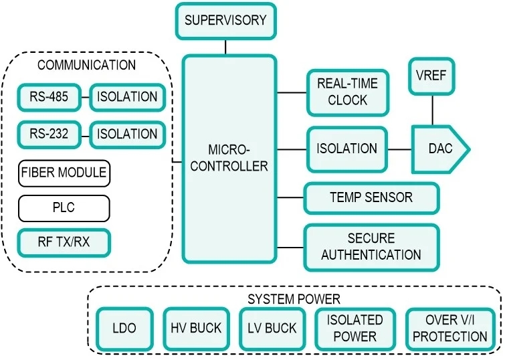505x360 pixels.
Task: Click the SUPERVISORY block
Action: (225, 20)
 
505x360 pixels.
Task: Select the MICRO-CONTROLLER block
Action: (229, 159)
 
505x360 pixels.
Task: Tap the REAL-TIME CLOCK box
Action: (347, 92)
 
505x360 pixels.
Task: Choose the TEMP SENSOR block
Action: (371, 198)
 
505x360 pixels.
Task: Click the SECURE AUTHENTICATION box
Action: (371, 246)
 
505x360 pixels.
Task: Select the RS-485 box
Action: (49, 97)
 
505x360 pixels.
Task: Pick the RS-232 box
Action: (49, 134)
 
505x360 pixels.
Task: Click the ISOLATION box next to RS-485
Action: (126, 97)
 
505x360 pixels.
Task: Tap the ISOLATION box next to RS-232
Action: (126, 134)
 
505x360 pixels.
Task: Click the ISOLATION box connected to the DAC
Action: (346, 149)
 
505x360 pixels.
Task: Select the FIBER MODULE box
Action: (64, 173)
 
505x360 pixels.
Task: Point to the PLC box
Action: (64, 208)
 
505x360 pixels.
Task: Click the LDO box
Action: (124, 329)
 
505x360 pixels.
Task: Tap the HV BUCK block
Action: (195, 329)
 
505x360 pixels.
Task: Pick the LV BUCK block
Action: (271, 329)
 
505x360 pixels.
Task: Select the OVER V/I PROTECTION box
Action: (450, 329)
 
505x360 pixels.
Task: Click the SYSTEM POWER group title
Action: (294, 298)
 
